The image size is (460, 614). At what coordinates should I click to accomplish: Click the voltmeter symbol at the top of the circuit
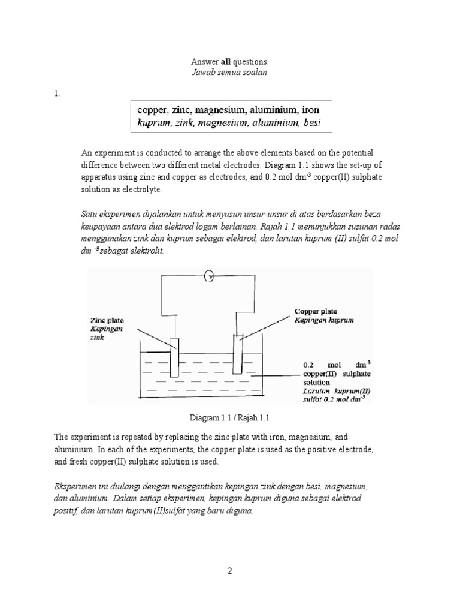210,276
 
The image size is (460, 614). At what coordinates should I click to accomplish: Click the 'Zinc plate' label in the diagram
106,321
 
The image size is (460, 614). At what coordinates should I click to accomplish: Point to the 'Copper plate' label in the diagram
316,311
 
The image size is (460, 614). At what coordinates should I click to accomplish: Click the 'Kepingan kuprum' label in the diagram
323,320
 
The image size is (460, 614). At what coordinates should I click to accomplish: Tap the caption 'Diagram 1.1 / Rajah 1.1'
229,417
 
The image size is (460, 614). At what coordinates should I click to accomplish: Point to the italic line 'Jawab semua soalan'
229,72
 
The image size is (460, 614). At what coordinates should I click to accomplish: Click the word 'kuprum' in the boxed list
153,123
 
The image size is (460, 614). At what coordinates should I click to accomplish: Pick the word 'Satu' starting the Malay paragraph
89,214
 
